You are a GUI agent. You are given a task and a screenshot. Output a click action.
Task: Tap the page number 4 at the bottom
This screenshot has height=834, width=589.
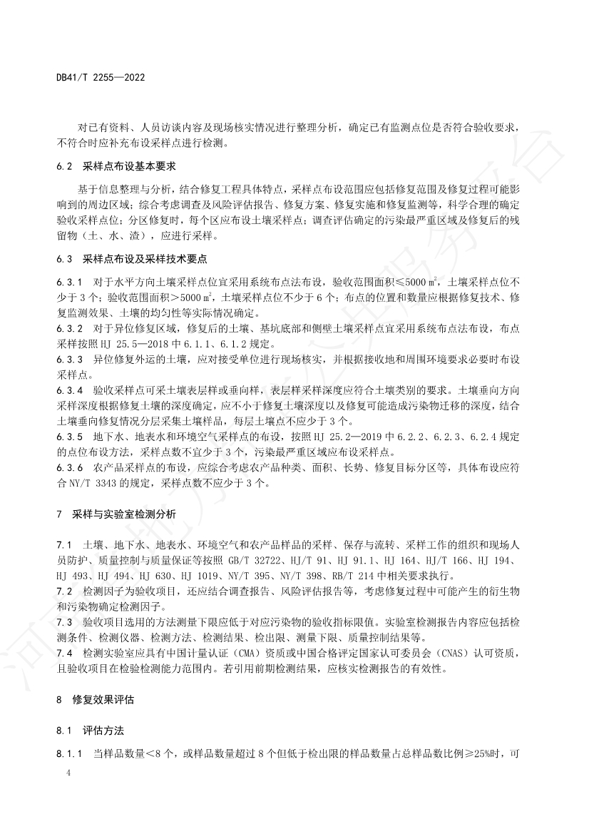pos(68,773)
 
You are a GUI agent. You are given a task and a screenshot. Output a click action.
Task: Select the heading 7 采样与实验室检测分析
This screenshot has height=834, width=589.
pos(117,514)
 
